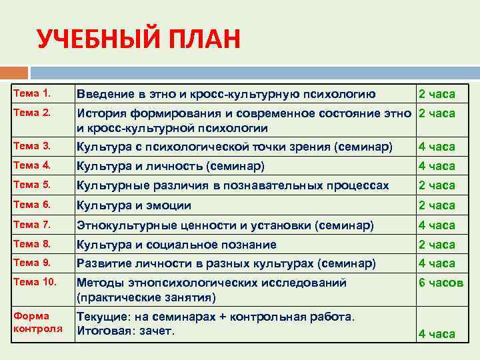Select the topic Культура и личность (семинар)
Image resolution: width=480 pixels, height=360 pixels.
pos(171,166)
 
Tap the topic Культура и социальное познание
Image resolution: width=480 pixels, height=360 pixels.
pos(177,245)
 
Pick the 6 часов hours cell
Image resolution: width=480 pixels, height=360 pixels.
pos(440,283)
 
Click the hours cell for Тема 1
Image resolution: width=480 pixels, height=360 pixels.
pos(437,94)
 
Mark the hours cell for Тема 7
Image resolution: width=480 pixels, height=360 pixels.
pos(437,225)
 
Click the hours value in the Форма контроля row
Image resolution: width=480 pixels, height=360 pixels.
pos(437,334)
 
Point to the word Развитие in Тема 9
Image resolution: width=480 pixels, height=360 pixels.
pos(104,263)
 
